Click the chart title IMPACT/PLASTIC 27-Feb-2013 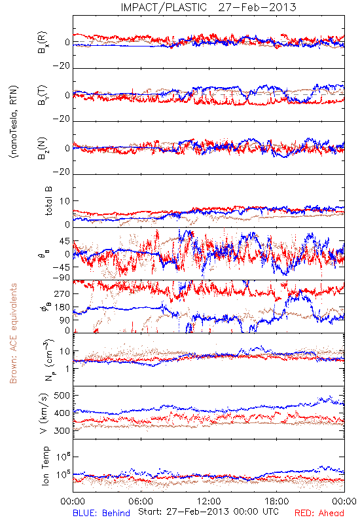(x=208, y=7)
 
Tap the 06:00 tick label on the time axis (x=141, y=501)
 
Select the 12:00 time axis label (x=209, y=501)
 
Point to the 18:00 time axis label (x=277, y=501)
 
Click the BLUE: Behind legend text (x=101, y=513)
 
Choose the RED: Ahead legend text (x=319, y=513)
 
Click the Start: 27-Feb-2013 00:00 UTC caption (x=208, y=512)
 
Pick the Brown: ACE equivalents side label (x=13, y=333)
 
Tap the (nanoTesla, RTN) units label (x=14, y=122)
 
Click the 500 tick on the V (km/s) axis (x=62, y=396)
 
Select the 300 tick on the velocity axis (x=62, y=430)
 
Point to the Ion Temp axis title (x=45, y=466)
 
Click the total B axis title (x=48, y=201)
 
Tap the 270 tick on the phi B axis (x=62, y=294)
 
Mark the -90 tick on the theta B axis (x=62, y=278)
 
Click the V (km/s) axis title (x=44, y=413)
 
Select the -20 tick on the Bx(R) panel (x=62, y=66)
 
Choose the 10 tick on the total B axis (x=65, y=201)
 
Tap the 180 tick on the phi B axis (x=62, y=307)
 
